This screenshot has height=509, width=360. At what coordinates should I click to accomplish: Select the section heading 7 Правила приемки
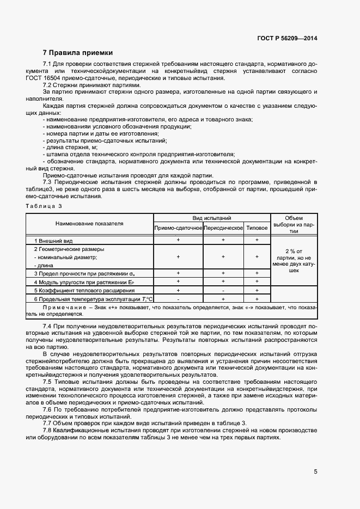77,53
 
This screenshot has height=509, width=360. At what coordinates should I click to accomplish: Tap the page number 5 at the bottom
315,471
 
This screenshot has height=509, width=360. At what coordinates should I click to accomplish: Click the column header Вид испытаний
211,218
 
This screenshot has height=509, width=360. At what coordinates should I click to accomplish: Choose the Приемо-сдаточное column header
178,228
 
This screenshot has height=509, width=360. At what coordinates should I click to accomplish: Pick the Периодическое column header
223,228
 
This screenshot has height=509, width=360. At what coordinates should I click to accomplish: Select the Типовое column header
257,228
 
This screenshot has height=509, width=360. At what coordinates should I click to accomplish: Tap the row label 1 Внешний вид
53,240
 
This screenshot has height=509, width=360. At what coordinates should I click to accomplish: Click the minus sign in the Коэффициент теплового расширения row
223,291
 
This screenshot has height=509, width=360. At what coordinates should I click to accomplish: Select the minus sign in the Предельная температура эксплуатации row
178,299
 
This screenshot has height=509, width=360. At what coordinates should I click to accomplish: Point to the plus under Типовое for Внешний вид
257,240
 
